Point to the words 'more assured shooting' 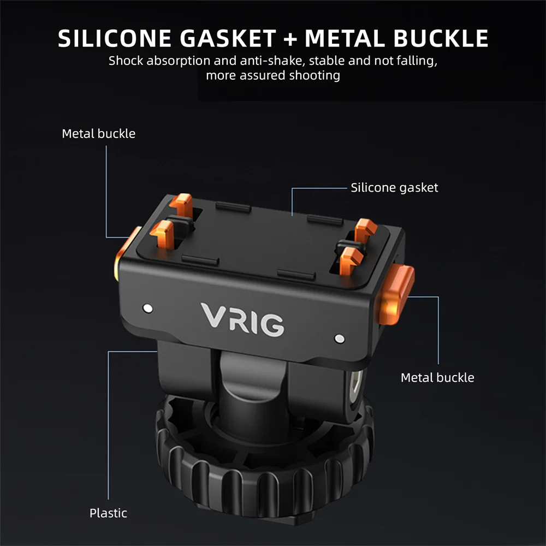(x=272, y=75)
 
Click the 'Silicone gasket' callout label (x=394, y=188)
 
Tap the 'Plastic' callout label (x=108, y=513)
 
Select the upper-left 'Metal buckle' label (x=98, y=134)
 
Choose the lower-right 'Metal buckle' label (x=437, y=378)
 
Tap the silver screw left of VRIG (x=147, y=308)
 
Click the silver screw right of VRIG (x=340, y=339)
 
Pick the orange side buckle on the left (x=125, y=252)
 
